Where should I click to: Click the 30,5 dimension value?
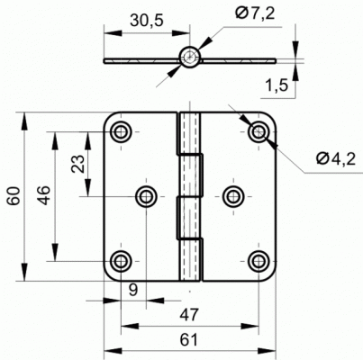[x=147, y=21]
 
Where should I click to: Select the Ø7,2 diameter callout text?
[x=255, y=13]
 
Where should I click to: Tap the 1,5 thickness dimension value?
[x=277, y=85]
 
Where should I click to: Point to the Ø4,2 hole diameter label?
[x=336, y=158]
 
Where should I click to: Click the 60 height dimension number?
[x=14, y=195]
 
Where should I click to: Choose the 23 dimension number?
[x=77, y=164]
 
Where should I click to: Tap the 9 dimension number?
[x=133, y=290]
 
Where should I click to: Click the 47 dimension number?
[x=189, y=315]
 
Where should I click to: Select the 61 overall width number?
[x=189, y=340]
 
